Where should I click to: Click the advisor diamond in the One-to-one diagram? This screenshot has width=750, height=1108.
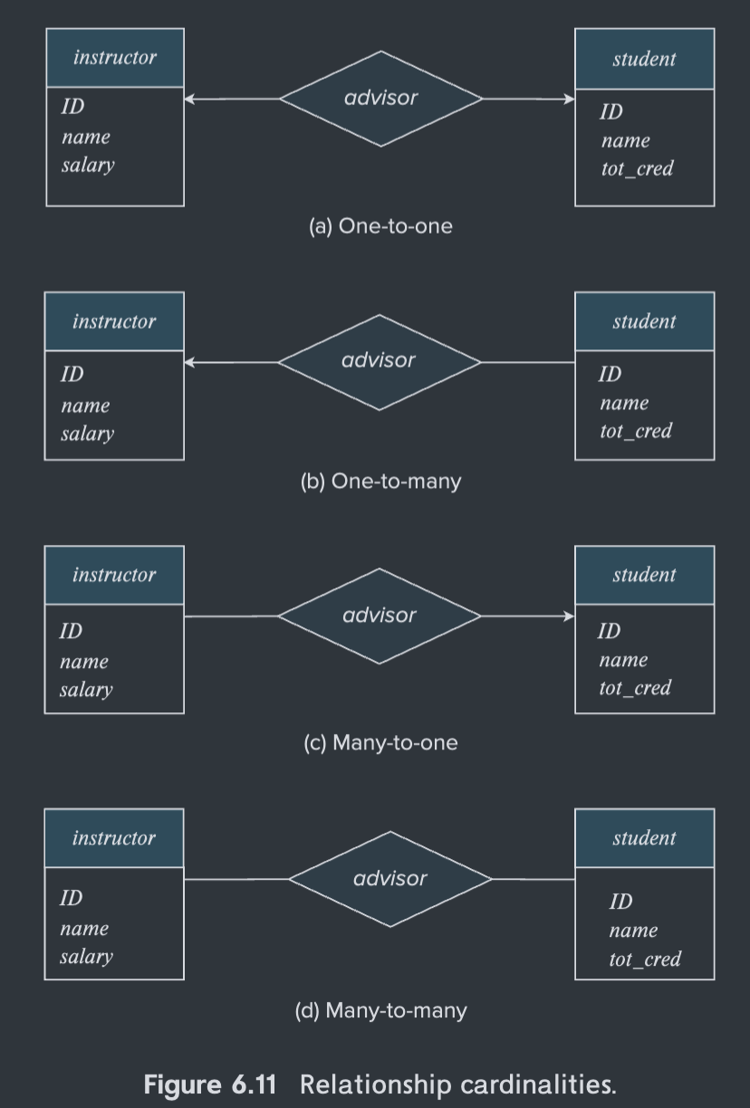pyautogui.click(x=380, y=99)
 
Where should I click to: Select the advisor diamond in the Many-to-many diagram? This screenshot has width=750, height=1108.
pyautogui.click(x=389, y=879)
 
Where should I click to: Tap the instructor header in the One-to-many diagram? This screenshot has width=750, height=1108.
pyautogui.click(x=114, y=321)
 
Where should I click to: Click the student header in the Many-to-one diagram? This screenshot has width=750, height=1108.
pyautogui.click(x=644, y=575)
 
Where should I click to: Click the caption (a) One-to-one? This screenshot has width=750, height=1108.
pyautogui.click(x=380, y=226)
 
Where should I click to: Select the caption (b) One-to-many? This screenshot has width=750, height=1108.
pyautogui.click(x=380, y=482)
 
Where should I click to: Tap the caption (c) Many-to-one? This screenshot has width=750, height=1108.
pyautogui.click(x=380, y=743)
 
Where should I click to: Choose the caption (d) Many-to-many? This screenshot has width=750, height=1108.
pyautogui.click(x=380, y=1010)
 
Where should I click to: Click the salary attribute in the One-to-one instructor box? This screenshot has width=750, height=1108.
pyautogui.click(x=88, y=166)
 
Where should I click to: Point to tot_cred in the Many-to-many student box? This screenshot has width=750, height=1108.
pyautogui.click(x=644, y=960)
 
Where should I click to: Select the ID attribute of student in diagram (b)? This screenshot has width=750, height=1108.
pyautogui.click(x=610, y=374)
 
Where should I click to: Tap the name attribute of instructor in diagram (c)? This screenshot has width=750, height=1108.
pyautogui.click(x=84, y=662)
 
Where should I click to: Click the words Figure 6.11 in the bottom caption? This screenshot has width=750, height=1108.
pyautogui.click(x=209, y=1084)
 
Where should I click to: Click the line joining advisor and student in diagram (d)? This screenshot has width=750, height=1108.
pyautogui.click(x=534, y=879)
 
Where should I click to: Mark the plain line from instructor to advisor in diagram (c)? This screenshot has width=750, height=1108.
pyautogui.click(x=232, y=616)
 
